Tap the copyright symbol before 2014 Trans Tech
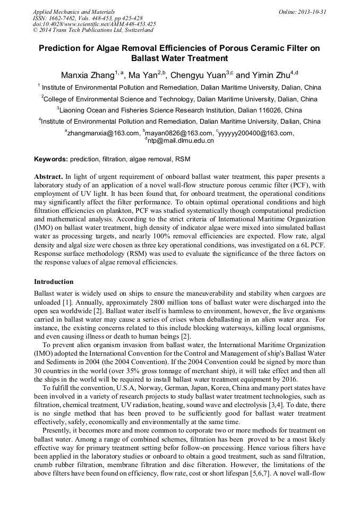[35, 30]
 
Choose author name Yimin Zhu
[269, 75]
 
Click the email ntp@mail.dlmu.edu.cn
[181, 141]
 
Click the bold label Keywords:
[51, 159]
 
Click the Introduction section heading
[54, 282]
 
